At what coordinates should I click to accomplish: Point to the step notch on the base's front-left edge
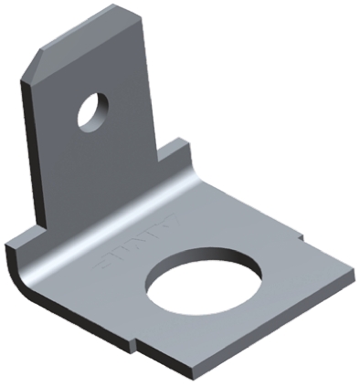point(137,345)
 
